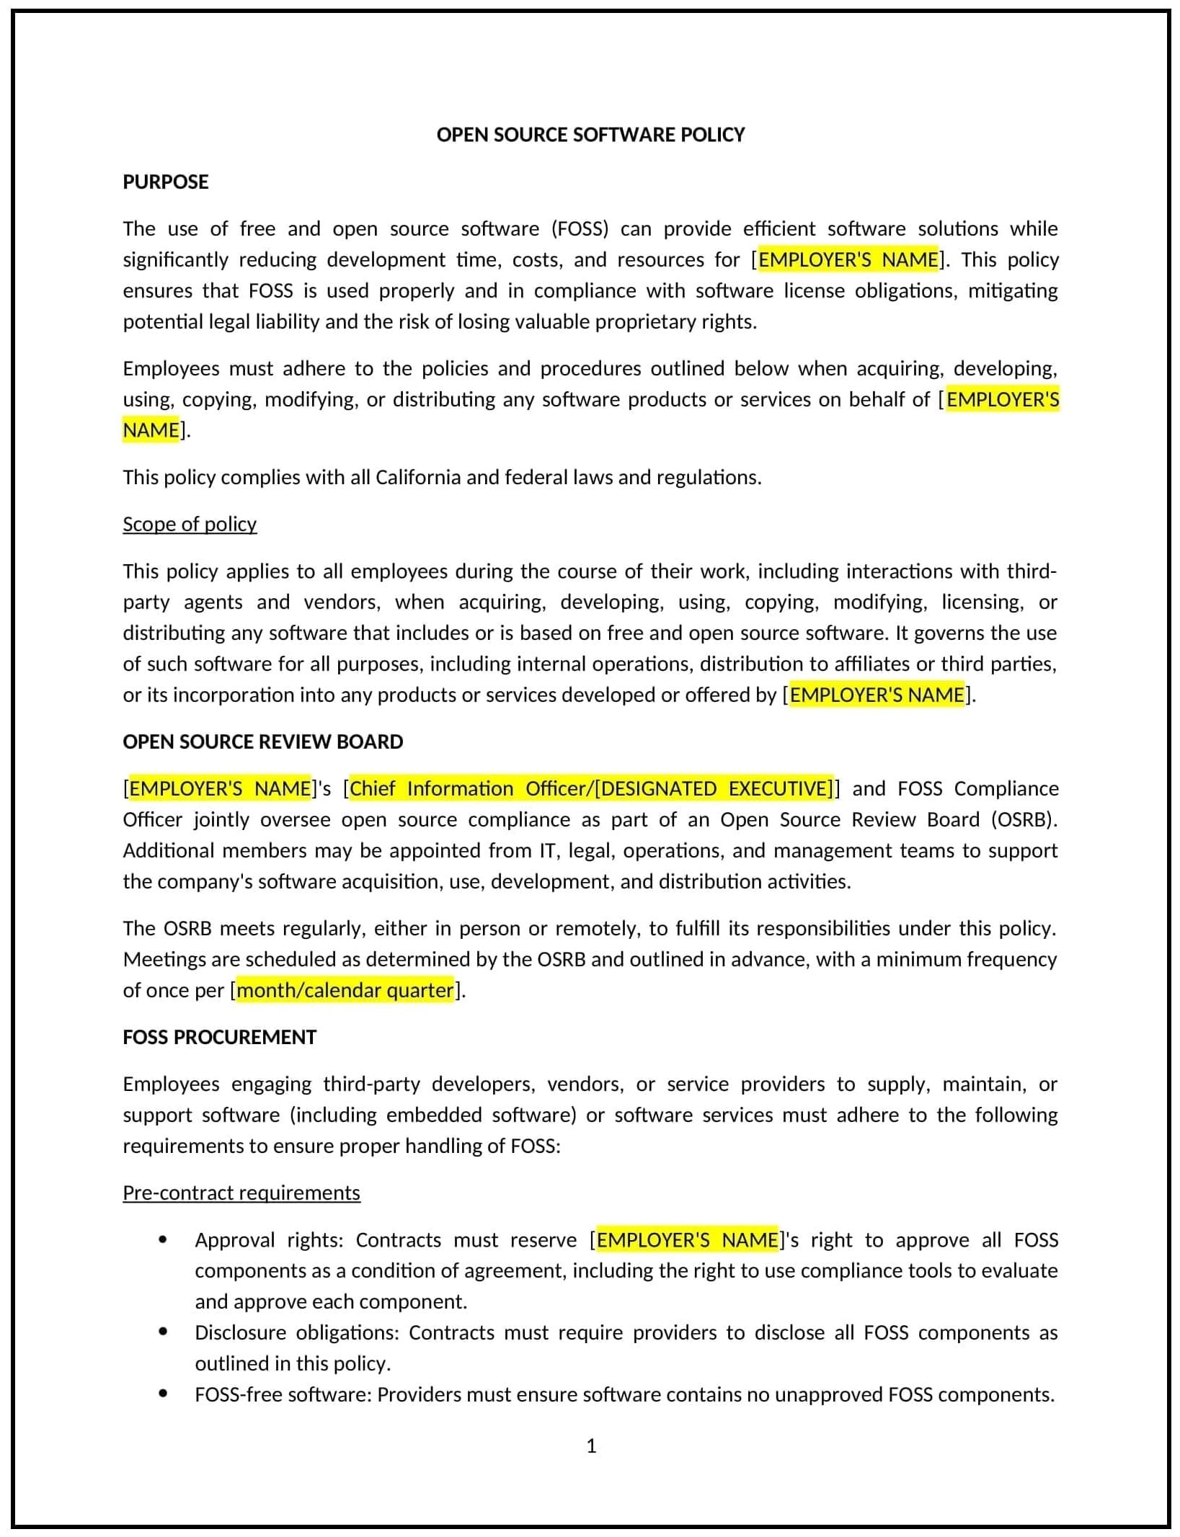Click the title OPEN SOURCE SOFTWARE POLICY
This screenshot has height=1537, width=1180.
tap(590, 135)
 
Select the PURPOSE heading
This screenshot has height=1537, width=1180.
tap(165, 182)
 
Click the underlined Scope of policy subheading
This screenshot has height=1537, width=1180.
tap(190, 524)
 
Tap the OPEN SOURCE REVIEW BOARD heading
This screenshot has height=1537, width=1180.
tap(262, 741)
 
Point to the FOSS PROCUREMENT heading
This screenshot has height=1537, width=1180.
tap(219, 1037)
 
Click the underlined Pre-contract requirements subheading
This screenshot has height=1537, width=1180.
tap(241, 1193)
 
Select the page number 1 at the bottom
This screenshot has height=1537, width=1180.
tap(591, 1445)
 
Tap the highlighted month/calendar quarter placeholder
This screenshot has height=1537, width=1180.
tap(345, 990)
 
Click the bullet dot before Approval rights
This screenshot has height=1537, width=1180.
tap(163, 1239)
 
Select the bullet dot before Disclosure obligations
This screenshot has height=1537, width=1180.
tap(163, 1332)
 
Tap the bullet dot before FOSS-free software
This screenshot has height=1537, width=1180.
tap(163, 1394)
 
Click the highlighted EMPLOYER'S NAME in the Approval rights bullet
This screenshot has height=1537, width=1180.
tap(688, 1239)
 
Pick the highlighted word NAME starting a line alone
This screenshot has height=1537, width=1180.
tap(151, 430)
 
